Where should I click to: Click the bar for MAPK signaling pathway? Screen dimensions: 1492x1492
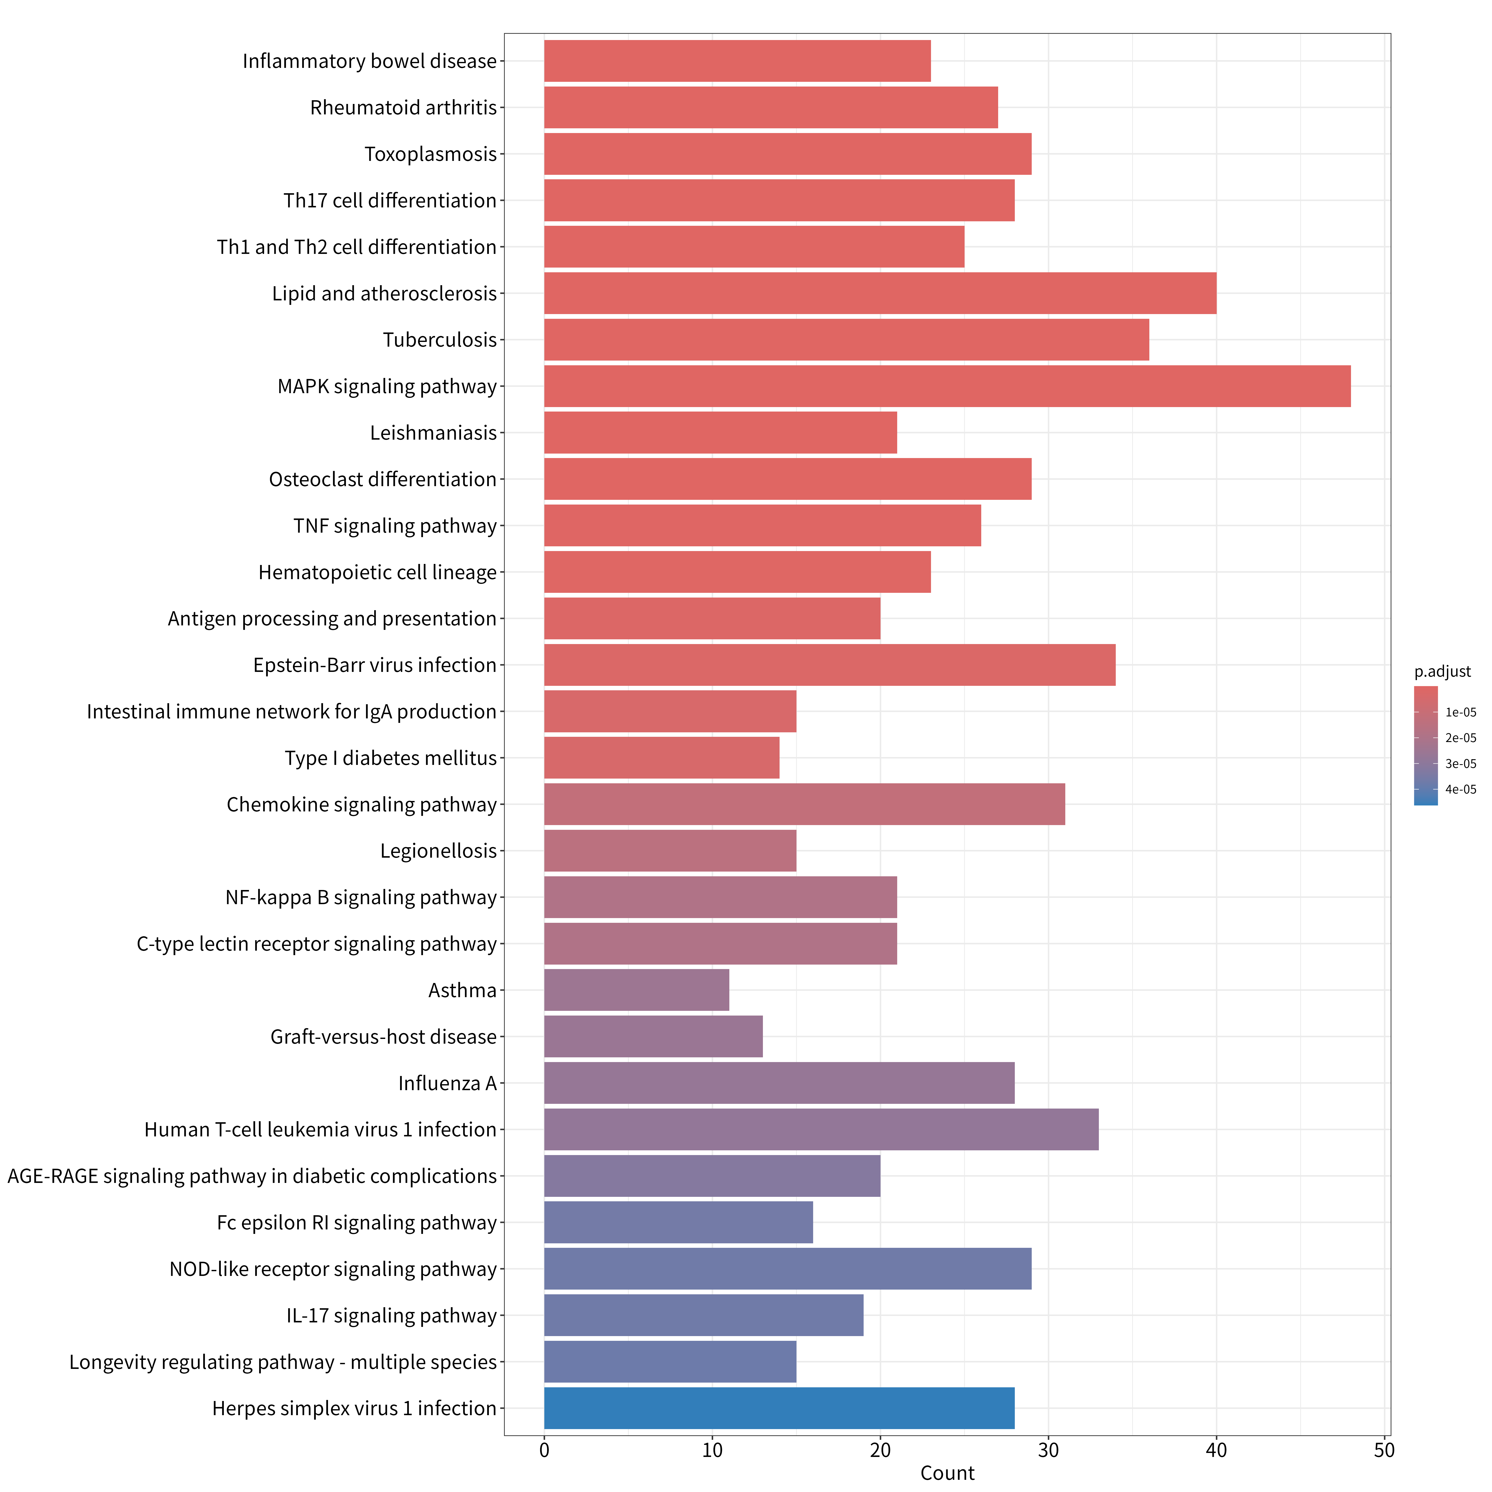click(948, 386)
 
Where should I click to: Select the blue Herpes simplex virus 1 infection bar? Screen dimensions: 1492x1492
click(779, 1408)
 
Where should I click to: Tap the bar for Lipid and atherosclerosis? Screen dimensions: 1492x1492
click(880, 293)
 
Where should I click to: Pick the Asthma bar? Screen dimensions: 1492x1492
click(636, 990)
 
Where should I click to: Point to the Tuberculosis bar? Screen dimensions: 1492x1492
click(846, 340)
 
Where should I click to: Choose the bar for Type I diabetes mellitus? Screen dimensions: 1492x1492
click(662, 758)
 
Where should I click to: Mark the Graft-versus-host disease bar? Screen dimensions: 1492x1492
click(653, 1036)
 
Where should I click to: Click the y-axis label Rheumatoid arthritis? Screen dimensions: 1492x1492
click(403, 107)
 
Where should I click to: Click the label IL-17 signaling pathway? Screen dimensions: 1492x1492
click(392, 1316)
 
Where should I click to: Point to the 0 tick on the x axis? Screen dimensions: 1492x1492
click(544, 1450)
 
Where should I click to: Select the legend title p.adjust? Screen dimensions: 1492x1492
click(1443, 672)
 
